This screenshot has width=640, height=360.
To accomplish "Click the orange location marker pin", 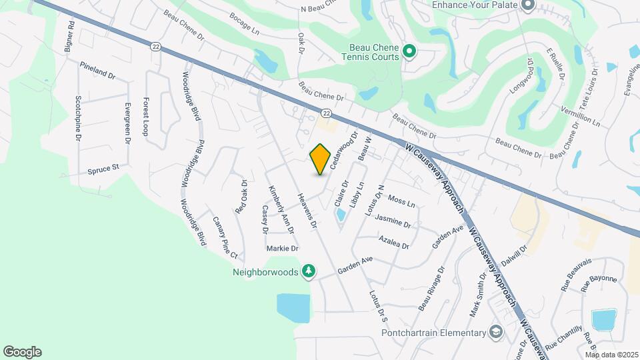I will (x=321, y=159).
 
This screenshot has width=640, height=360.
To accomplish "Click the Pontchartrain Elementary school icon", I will (x=496, y=333).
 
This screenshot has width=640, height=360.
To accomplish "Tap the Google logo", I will (x=22, y=352).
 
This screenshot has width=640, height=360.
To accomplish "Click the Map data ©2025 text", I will (x=611, y=355).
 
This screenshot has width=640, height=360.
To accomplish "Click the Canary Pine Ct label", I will (x=225, y=237).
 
